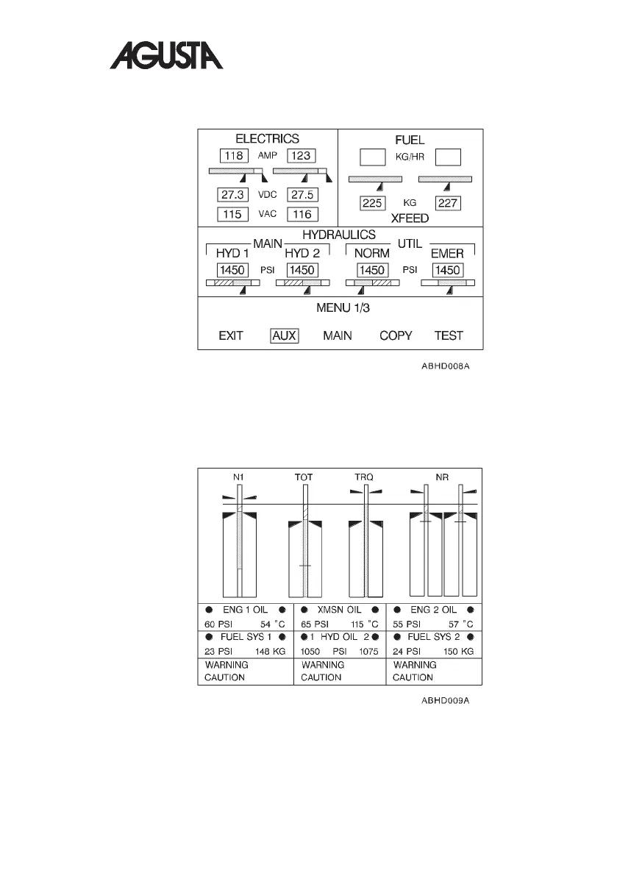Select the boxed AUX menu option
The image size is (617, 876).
pyautogui.click(x=284, y=335)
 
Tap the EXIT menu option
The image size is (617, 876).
pyautogui.click(x=231, y=335)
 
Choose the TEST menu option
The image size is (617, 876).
pyautogui.click(x=449, y=335)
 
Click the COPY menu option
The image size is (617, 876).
pyautogui.click(x=396, y=335)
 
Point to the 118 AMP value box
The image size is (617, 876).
pyautogui.click(x=234, y=155)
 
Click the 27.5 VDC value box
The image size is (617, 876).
pyautogui.click(x=302, y=195)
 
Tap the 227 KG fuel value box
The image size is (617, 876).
pyautogui.click(x=448, y=203)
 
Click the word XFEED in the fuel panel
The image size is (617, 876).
pyautogui.click(x=410, y=218)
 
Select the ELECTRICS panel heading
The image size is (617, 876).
pyautogui.click(x=267, y=138)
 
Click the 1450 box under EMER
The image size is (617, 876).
pyautogui.click(x=447, y=270)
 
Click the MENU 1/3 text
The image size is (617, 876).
pyautogui.click(x=340, y=307)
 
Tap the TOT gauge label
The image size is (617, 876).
pyautogui.click(x=304, y=477)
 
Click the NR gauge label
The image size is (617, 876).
pyautogui.click(x=442, y=477)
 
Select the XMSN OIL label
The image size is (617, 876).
pyautogui.click(x=339, y=610)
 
